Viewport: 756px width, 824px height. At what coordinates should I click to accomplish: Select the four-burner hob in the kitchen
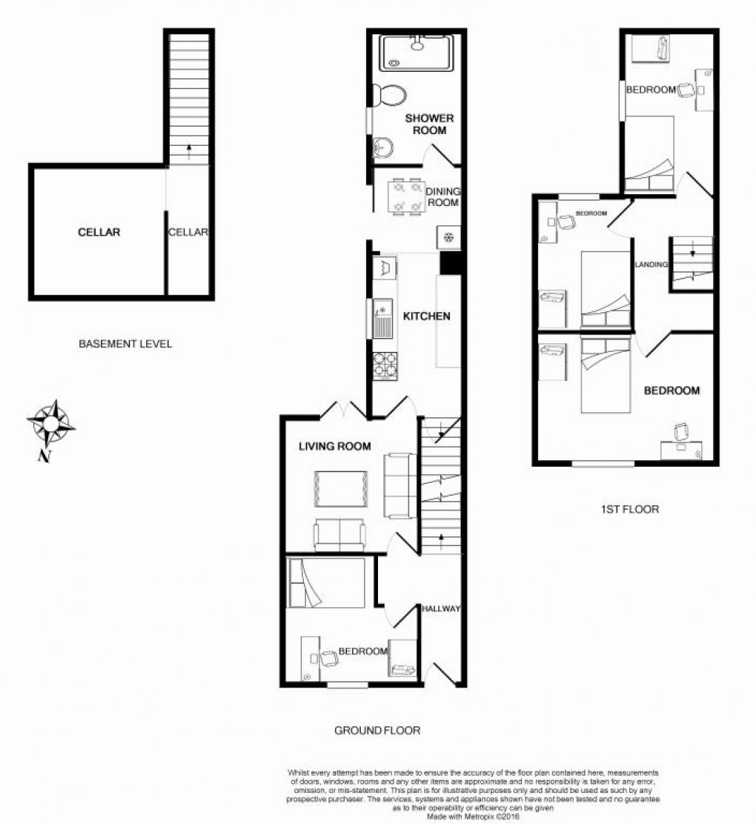pos(385,365)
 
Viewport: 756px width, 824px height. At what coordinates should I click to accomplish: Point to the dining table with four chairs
pos(406,196)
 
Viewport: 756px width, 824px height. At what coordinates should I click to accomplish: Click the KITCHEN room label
pos(426,316)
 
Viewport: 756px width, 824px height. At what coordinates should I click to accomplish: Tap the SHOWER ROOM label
pos(429,124)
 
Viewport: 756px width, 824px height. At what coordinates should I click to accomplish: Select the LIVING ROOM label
pos(334,446)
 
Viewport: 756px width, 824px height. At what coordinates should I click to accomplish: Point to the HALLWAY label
pos(441,609)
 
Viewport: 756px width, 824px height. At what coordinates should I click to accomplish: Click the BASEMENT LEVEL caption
pos(125,344)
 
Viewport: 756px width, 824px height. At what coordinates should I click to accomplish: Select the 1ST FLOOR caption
pos(631,509)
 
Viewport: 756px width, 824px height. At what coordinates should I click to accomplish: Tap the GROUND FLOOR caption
pos(377,731)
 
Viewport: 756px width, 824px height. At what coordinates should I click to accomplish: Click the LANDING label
pos(651,264)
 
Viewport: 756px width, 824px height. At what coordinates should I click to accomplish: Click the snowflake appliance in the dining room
pos(448,238)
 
